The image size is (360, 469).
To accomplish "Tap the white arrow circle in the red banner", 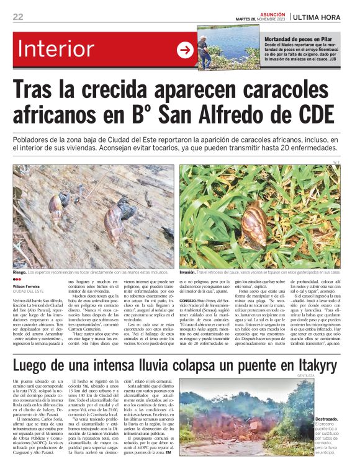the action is click(185, 50).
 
